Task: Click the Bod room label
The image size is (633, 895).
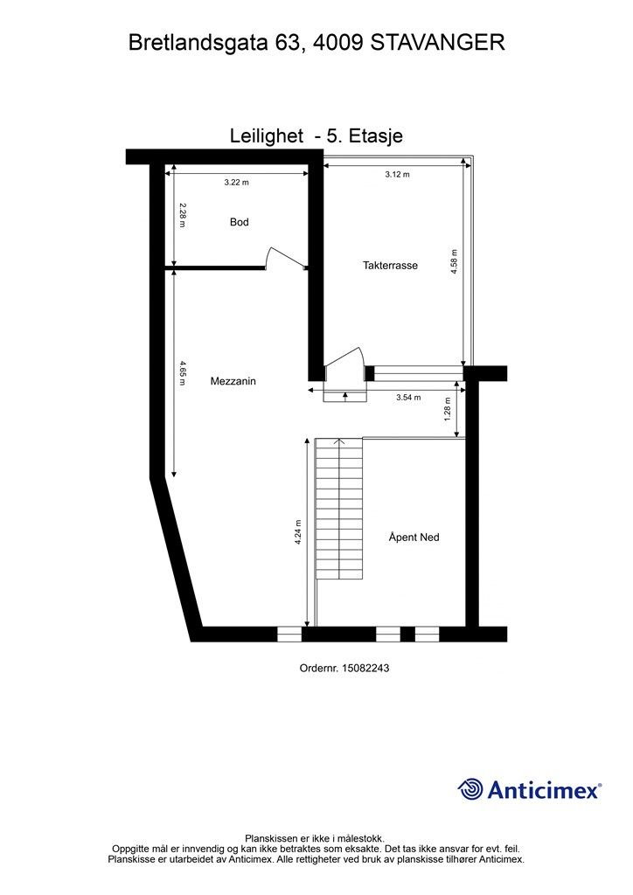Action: click(x=240, y=222)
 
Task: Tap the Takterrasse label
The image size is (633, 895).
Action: click(x=391, y=265)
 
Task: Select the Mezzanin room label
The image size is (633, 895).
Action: click(x=233, y=381)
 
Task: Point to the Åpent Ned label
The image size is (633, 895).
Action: click(x=414, y=538)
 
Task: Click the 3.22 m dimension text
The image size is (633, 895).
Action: click(x=236, y=183)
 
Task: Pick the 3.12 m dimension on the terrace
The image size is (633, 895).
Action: click(x=397, y=174)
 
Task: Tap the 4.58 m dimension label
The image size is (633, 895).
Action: click(x=455, y=262)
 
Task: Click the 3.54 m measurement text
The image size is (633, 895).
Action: click(x=408, y=398)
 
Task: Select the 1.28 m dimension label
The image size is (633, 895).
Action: click(x=448, y=409)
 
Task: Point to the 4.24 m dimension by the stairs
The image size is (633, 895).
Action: click(x=298, y=532)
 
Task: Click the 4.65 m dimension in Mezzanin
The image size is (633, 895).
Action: click(x=182, y=372)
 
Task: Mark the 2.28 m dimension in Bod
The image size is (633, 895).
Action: click(x=182, y=215)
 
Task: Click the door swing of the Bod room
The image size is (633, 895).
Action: click(x=285, y=257)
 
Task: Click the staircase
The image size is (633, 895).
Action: click(x=339, y=508)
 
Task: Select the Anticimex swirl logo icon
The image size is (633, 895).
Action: click(x=470, y=789)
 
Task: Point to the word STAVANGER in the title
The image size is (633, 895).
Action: click(x=438, y=43)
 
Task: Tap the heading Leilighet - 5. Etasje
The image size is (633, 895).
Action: click(x=316, y=135)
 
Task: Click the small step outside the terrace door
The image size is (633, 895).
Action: click(x=344, y=396)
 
